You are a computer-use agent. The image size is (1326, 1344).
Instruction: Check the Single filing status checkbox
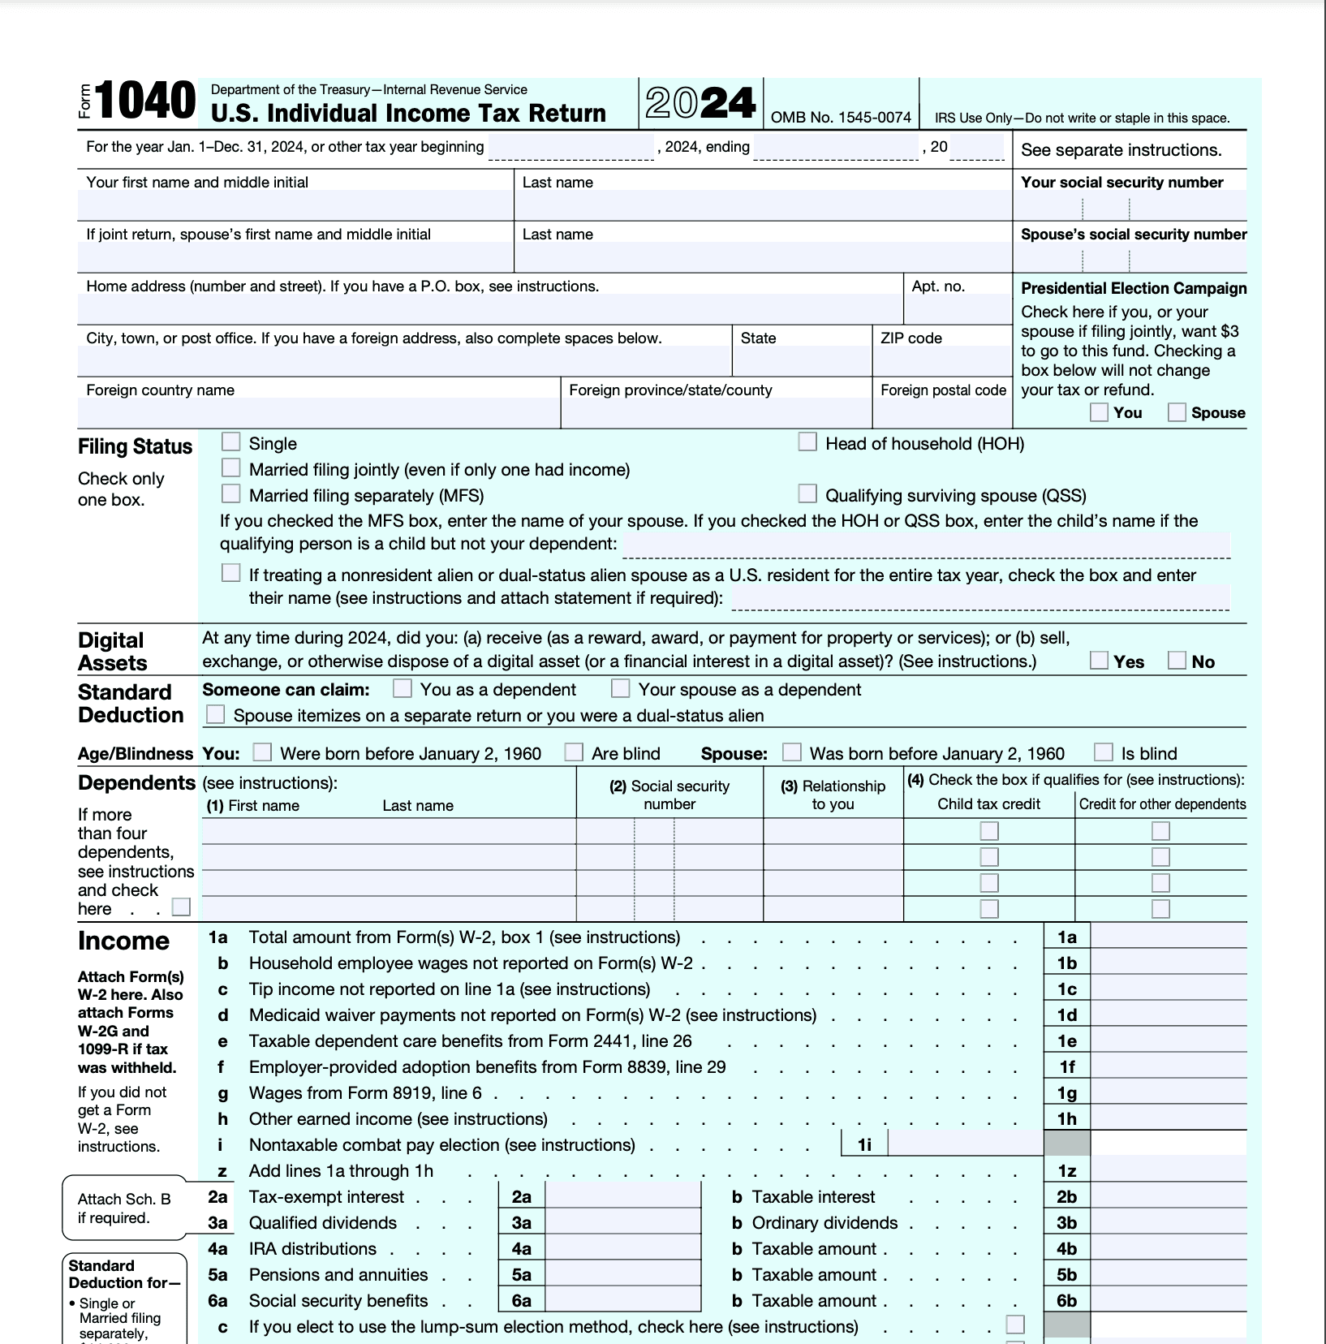[231, 442]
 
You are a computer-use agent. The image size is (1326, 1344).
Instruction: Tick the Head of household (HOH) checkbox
[807, 442]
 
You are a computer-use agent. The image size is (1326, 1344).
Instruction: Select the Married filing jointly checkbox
[231, 467]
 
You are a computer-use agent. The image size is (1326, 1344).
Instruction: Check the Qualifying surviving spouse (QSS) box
[807, 493]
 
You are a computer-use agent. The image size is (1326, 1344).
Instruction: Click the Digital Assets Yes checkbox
[1099, 660]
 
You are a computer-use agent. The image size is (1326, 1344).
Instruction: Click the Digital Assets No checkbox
[1177, 660]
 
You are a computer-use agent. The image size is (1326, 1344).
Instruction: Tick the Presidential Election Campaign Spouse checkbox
[1177, 412]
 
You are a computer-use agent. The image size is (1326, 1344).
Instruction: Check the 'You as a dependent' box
[402, 688]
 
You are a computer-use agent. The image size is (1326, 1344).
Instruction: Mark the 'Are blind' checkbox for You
[574, 752]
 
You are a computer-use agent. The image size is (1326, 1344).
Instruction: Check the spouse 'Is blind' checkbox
[1103, 752]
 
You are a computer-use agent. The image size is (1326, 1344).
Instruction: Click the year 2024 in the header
[700, 103]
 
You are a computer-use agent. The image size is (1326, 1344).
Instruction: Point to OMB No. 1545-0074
[841, 118]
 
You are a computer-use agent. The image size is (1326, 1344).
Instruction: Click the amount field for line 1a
[1168, 937]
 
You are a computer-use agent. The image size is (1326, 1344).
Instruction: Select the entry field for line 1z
[1168, 1171]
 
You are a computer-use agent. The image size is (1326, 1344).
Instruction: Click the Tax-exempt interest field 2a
[622, 1197]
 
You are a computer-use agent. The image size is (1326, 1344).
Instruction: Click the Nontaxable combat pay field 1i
[965, 1144]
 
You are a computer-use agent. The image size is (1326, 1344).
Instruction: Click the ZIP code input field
[941, 362]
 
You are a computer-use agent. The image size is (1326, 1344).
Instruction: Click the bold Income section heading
[123, 941]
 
